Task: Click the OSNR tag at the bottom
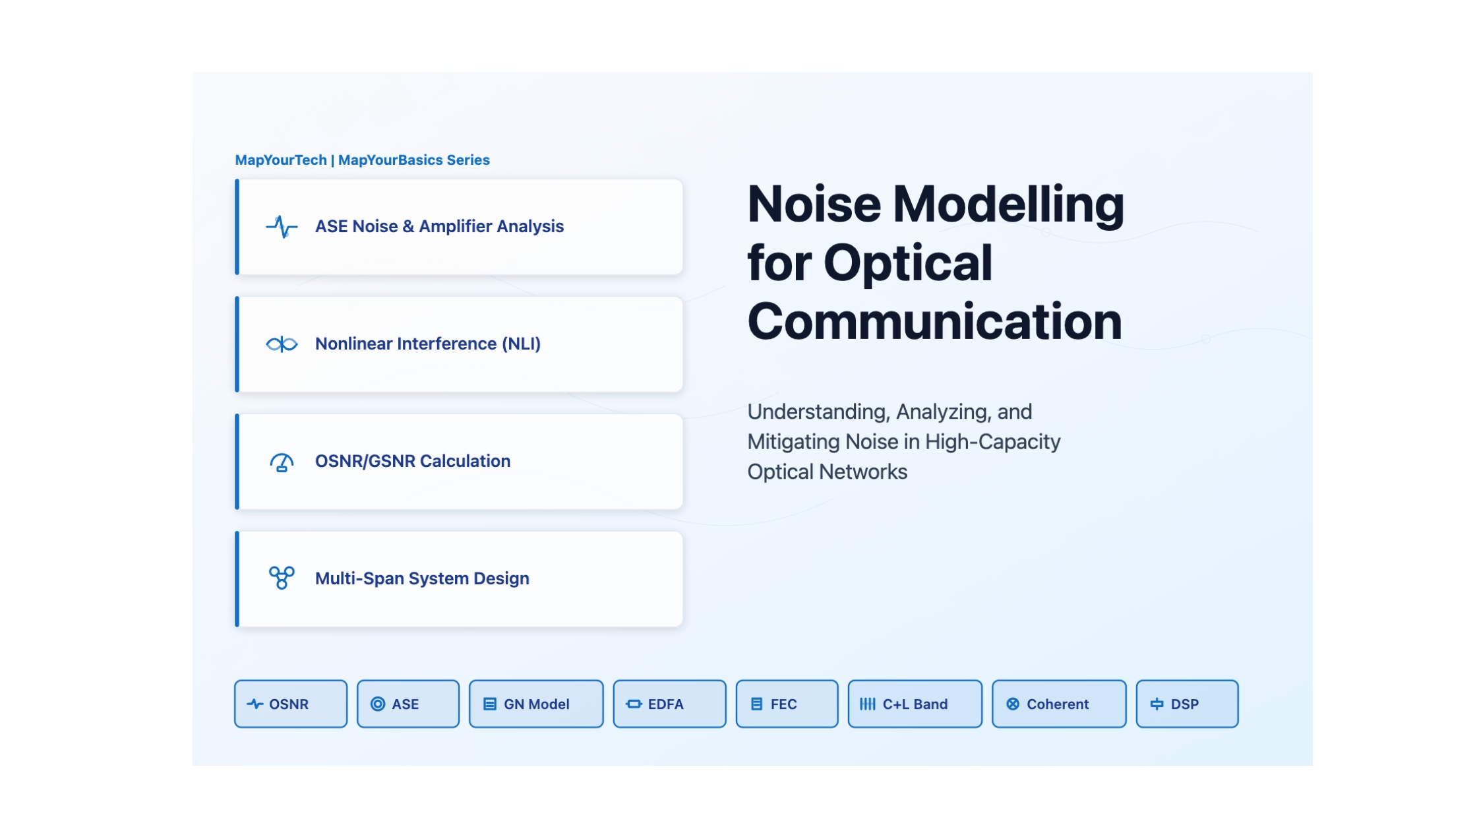pyautogui.click(x=291, y=704)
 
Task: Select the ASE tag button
pyautogui.click(x=408, y=704)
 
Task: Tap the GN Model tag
pyautogui.click(x=536, y=704)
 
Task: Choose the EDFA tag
pyautogui.click(x=669, y=704)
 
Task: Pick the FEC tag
pyautogui.click(x=787, y=704)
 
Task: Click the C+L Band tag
pyautogui.click(x=915, y=704)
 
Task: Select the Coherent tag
pyautogui.click(x=1059, y=704)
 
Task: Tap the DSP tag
pyautogui.click(x=1187, y=704)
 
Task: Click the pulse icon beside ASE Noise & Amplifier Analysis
pyautogui.click(x=282, y=226)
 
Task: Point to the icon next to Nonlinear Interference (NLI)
pyautogui.click(x=282, y=344)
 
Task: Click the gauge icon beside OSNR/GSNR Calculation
pyautogui.click(x=282, y=462)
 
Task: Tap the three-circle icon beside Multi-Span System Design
pyautogui.click(x=282, y=578)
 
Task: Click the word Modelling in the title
pyautogui.click(x=1008, y=204)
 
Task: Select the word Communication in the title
pyautogui.click(x=934, y=322)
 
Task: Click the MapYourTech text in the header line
pyautogui.click(x=281, y=160)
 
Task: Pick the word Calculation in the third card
pyautogui.click(x=465, y=461)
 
